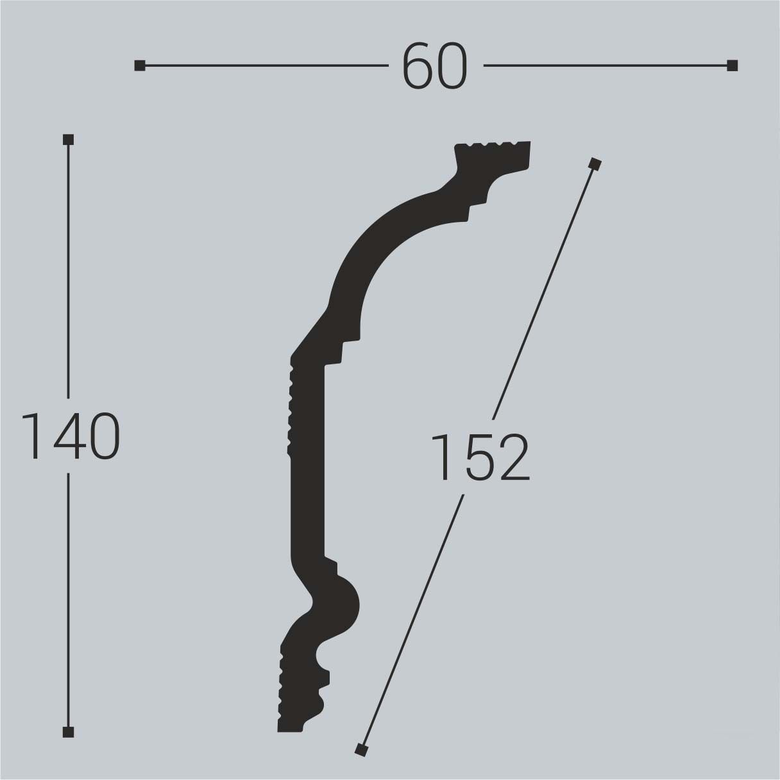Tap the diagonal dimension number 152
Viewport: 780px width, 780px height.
480,457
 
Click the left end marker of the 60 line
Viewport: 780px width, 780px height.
139,65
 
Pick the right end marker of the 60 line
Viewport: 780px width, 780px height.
733,65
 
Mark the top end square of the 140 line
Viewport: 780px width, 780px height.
69,139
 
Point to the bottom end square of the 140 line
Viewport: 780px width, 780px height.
69,732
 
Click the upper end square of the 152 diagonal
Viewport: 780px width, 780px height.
595,164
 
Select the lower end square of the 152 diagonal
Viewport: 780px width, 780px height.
361,749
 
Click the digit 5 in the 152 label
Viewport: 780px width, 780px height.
481,457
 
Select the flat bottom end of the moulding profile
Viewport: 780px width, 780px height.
291,729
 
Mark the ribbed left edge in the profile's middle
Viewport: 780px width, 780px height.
292,408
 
